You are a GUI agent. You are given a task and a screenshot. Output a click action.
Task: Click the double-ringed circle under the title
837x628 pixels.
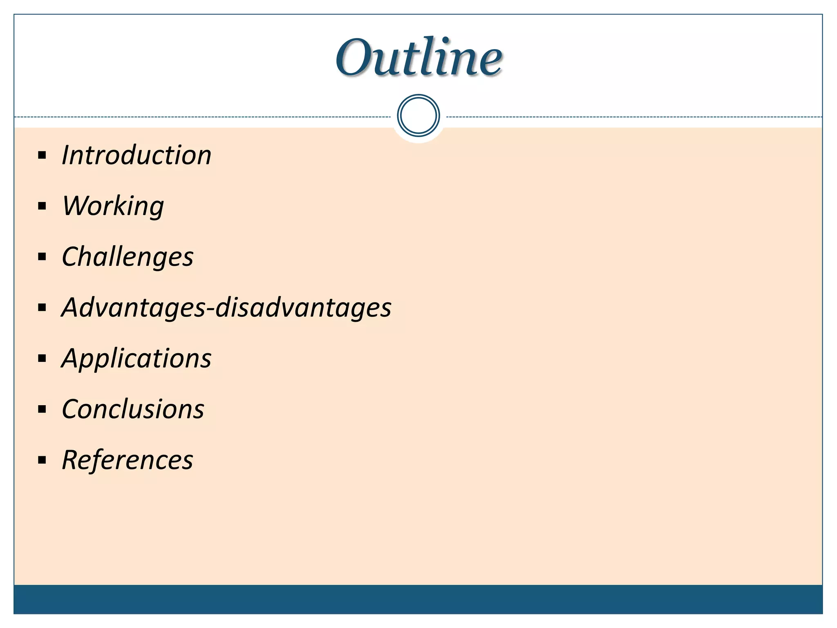point(418,115)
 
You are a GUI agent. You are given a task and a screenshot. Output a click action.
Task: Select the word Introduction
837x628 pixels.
point(137,155)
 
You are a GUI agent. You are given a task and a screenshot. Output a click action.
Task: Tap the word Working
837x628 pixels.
point(113,206)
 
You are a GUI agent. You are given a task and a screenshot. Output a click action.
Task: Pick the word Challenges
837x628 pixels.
point(128,257)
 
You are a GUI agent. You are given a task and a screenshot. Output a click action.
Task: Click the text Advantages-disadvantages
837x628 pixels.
point(226,307)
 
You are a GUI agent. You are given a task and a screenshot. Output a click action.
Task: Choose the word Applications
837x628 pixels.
point(137,359)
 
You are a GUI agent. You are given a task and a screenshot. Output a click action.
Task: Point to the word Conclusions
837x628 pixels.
point(133,409)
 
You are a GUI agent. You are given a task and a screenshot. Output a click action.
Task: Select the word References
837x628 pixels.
point(128,460)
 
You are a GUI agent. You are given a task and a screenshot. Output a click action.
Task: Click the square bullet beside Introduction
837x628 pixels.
point(42,155)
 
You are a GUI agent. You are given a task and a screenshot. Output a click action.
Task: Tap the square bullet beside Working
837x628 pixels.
point(42,206)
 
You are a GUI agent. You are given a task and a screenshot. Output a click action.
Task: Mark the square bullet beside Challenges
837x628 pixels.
point(42,257)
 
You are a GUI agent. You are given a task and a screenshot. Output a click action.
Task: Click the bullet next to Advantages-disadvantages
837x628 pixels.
point(42,308)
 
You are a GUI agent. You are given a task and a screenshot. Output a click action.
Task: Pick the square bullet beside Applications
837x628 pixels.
point(42,359)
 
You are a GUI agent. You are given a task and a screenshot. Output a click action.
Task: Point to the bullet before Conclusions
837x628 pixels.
point(42,409)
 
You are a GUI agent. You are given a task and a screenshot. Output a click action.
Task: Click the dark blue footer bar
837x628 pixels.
point(418,599)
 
